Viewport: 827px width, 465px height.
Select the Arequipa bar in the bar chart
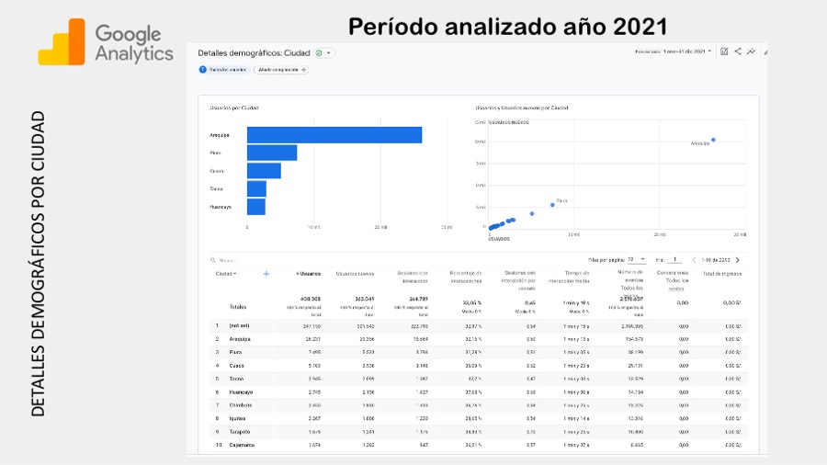pyautogui.click(x=334, y=135)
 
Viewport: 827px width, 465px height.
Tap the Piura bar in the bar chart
pyautogui.click(x=271, y=153)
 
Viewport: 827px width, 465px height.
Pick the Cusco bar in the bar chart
pyautogui.click(x=264, y=171)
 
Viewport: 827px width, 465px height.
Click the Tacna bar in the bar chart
pyautogui.click(x=256, y=188)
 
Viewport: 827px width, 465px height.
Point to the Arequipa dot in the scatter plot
pyautogui.click(x=713, y=140)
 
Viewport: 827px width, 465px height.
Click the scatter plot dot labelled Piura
pyautogui.click(x=552, y=205)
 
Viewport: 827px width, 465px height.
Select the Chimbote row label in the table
pyautogui.click(x=240, y=404)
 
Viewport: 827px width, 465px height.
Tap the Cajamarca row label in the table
pyautogui.click(x=242, y=445)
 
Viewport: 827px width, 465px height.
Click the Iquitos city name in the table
pyautogui.click(x=237, y=418)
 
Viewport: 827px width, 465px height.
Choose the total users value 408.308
pyautogui.click(x=310, y=299)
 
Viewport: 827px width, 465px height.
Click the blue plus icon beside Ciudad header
pyautogui.click(x=266, y=274)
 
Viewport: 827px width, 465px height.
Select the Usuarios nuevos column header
pyautogui.click(x=355, y=274)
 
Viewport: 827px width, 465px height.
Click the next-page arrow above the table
pyautogui.click(x=737, y=260)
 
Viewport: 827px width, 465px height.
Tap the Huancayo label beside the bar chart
pyautogui.click(x=221, y=207)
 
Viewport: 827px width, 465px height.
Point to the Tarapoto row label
pyautogui.click(x=240, y=431)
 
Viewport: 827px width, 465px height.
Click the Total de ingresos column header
pyautogui.click(x=721, y=274)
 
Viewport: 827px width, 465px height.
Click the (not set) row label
pyautogui.click(x=239, y=325)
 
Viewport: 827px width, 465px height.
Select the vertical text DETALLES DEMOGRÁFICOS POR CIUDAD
pyautogui.click(x=38, y=263)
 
